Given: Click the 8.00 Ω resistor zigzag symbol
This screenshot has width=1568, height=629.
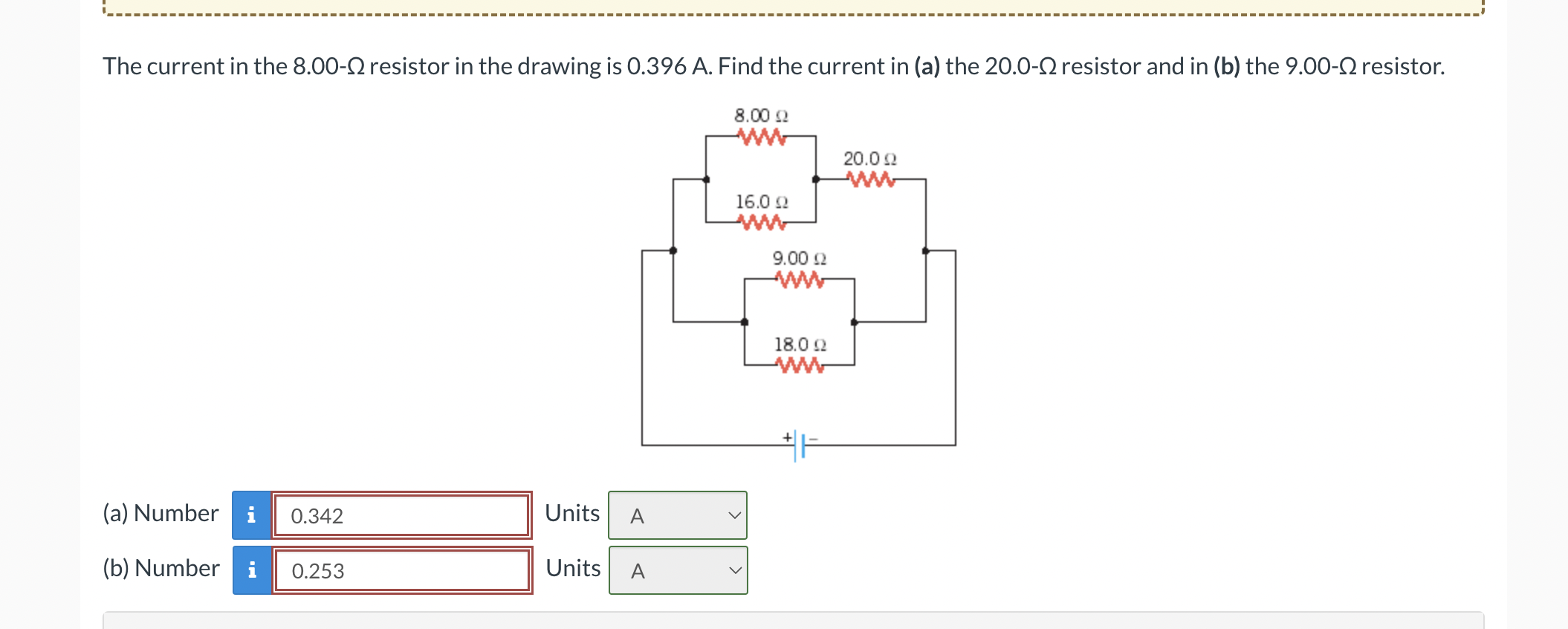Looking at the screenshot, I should (x=761, y=137).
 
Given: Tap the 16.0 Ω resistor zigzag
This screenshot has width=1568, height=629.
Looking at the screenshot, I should (x=761, y=222).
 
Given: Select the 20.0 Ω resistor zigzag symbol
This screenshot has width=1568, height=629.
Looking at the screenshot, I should (x=871, y=179).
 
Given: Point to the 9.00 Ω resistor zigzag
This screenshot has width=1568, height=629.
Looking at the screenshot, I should (x=800, y=280).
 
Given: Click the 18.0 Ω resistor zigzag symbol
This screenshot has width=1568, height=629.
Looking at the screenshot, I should (x=800, y=365).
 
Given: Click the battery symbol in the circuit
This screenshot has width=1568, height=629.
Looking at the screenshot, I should (x=800, y=445).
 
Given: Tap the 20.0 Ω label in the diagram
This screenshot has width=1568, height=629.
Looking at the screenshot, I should (x=869, y=158).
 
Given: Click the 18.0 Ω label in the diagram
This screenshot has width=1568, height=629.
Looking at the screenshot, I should (x=800, y=344).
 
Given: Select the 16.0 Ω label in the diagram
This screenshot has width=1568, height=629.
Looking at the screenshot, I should (x=762, y=201).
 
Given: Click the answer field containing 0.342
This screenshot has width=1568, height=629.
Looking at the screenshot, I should (x=401, y=515).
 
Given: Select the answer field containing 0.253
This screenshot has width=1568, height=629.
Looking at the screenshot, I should (x=401, y=570).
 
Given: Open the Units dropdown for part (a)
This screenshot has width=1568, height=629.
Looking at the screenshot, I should (x=678, y=515).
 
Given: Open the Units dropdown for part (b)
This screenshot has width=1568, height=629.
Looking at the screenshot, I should (x=678, y=570).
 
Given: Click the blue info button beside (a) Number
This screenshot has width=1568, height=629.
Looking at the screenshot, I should (x=251, y=515).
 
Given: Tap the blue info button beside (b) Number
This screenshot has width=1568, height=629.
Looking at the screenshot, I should (x=252, y=570).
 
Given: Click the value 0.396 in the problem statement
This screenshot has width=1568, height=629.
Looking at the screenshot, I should (x=656, y=66).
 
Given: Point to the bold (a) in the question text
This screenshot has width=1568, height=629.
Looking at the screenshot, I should (x=927, y=66).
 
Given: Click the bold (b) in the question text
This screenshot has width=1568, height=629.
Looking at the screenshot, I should (x=1227, y=66).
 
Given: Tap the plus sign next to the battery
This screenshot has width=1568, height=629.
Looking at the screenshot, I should (x=787, y=436).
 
